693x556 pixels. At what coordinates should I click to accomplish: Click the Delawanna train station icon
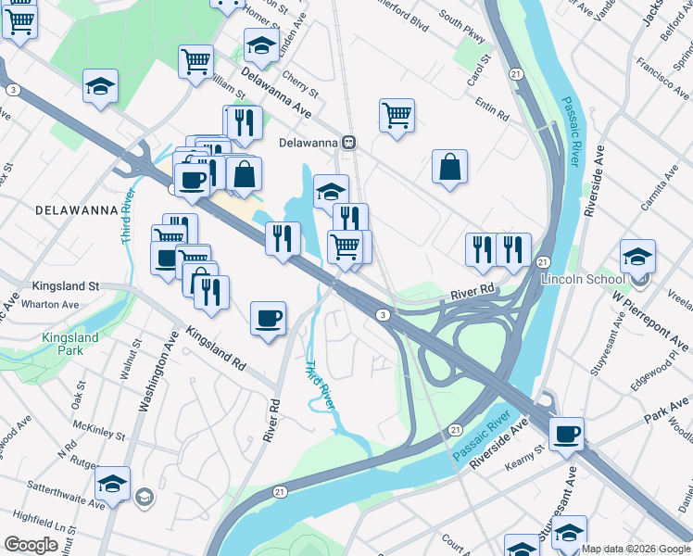click(349, 143)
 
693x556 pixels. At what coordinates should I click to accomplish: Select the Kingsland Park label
click(69, 345)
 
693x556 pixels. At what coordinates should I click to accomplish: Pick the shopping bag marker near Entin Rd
click(449, 169)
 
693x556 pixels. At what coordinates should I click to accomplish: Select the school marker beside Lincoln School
click(637, 258)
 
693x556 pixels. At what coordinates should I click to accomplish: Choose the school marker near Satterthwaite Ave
click(113, 485)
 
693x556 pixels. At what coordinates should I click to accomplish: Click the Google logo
click(31, 545)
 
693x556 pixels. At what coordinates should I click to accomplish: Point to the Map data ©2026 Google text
click(636, 549)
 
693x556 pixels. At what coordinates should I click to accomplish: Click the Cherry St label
click(302, 95)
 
